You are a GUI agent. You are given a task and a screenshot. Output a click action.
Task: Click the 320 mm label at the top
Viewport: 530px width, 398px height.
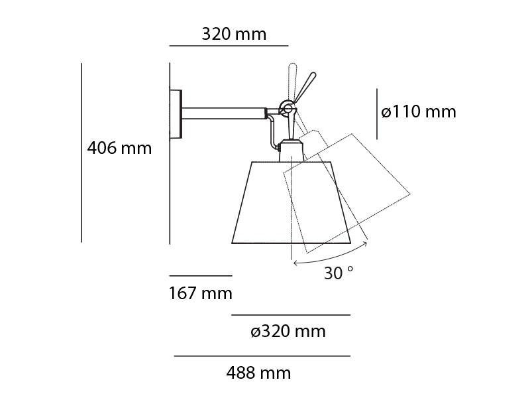[234, 34]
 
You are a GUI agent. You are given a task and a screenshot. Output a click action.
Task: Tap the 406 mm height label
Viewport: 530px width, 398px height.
[119, 148]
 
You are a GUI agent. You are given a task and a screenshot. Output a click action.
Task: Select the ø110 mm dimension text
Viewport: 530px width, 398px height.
[419, 111]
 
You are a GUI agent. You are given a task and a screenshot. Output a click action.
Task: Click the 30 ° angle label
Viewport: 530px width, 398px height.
[339, 273]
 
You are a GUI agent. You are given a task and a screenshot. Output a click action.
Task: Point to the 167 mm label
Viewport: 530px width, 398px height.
[201, 293]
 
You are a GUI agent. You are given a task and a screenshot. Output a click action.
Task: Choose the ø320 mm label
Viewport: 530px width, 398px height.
[288, 331]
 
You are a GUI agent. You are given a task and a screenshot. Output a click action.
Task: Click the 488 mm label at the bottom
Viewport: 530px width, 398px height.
[258, 373]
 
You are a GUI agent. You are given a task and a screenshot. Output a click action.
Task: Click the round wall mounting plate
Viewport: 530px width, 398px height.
[176, 114]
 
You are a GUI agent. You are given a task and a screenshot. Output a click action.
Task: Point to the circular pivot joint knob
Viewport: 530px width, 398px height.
[286, 106]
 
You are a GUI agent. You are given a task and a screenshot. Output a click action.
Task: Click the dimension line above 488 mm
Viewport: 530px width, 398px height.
[262, 356]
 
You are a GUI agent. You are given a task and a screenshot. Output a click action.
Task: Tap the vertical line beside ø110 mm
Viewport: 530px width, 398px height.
[377, 114]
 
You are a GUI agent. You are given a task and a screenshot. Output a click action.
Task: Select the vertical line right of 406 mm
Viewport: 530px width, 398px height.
[81, 153]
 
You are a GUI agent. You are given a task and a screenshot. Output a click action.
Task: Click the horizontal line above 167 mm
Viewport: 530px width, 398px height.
[201, 275]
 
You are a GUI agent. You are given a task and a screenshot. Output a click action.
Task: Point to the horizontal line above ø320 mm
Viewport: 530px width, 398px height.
[290, 315]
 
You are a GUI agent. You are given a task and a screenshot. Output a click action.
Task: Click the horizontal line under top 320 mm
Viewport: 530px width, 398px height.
[229, 46]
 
